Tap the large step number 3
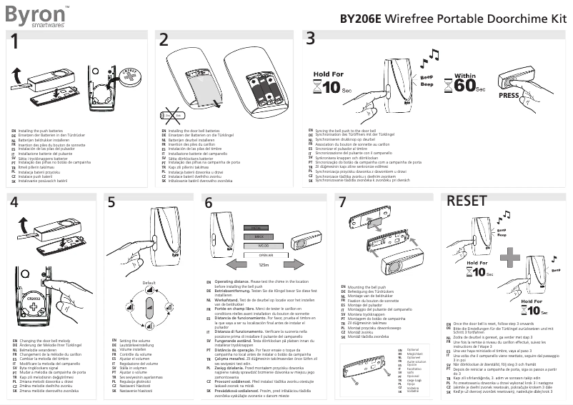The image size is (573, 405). pyautogui.click(x=310, y=39)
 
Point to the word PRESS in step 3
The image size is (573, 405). pyautogui.click(x=509, y=94)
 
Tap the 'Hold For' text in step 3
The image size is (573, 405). pyautogui.click(x=328, y=74)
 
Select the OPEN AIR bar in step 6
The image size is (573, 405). pyautogui.click(x=266, y=254)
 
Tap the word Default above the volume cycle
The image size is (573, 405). pyautogui.click(x=149, y=284)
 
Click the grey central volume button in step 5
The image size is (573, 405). pyautogui.click(x=149, y=309)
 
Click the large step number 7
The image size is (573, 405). pyautogui.click(x=342, y=203)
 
